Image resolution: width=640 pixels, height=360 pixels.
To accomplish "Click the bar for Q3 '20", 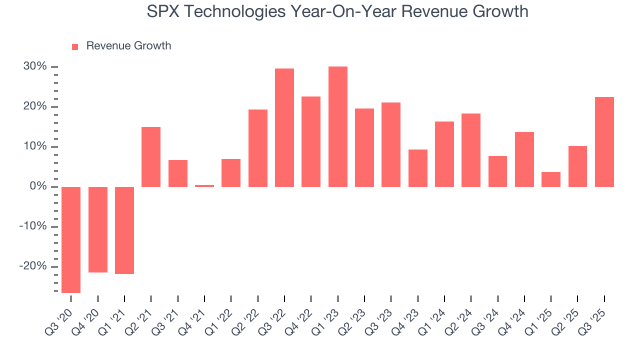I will point(71,239).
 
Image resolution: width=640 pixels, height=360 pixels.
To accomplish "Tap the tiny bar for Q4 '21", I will point(204,186).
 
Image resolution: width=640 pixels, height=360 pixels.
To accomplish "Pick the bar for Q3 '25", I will point(604,142).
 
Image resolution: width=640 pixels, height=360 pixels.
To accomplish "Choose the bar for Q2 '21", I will point(151,157).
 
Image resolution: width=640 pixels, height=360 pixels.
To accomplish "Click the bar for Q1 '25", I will point(551,179).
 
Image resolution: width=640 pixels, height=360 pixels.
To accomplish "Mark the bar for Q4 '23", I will point(417,168).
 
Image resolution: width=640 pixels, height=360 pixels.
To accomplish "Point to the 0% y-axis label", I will point(38,186).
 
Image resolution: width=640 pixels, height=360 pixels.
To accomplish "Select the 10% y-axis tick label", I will point(35,146).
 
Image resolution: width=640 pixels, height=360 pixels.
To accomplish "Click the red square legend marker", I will point(75,46).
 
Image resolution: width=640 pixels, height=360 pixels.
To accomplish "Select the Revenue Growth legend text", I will point(128,46).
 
